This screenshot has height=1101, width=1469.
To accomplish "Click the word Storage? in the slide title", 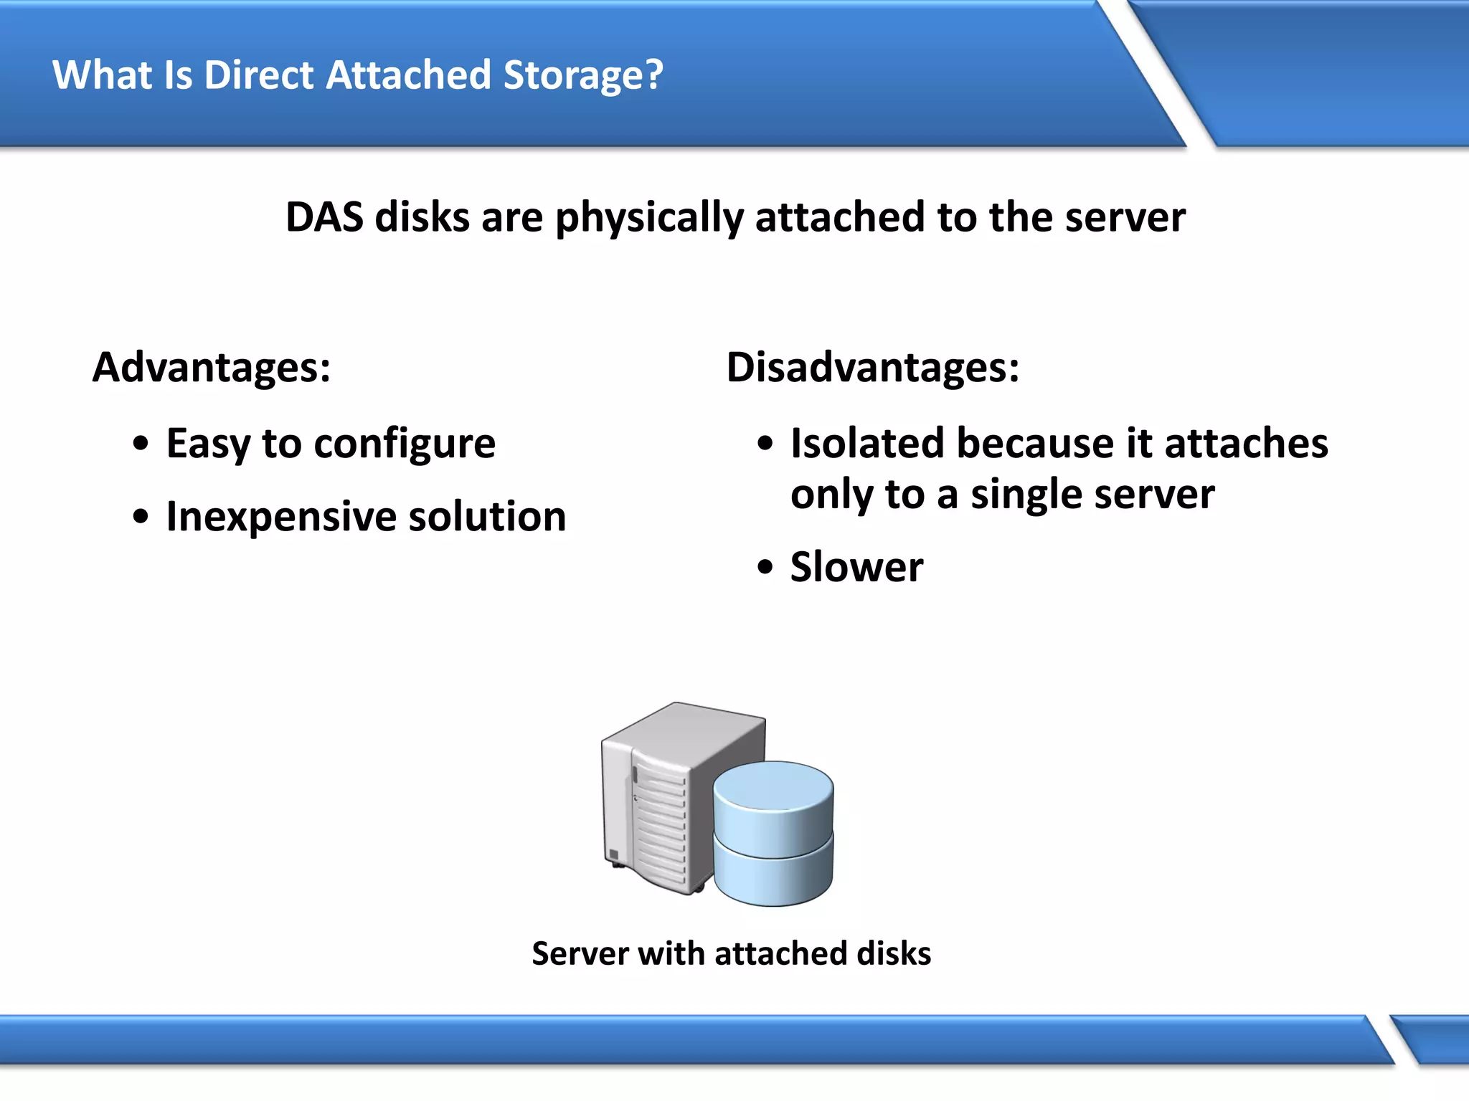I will click(x=583, y=75).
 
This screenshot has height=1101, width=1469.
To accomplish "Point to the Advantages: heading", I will click(x=212, y=368).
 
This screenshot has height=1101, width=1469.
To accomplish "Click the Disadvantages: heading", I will click(x=873, y=368).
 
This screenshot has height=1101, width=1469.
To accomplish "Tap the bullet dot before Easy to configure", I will click(x=141, y=444).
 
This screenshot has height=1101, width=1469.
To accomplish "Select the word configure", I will click(x=405, y=444).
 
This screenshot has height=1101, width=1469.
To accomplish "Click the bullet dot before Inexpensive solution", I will click(x=141, y=517).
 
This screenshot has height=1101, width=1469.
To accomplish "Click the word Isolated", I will click(x=867, y=443).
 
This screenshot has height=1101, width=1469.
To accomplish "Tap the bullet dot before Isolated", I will click(x=765, y=444).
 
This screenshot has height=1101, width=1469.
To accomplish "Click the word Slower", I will click(x=856, y=567).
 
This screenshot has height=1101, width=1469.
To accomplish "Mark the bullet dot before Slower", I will click(x=765, y=568).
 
